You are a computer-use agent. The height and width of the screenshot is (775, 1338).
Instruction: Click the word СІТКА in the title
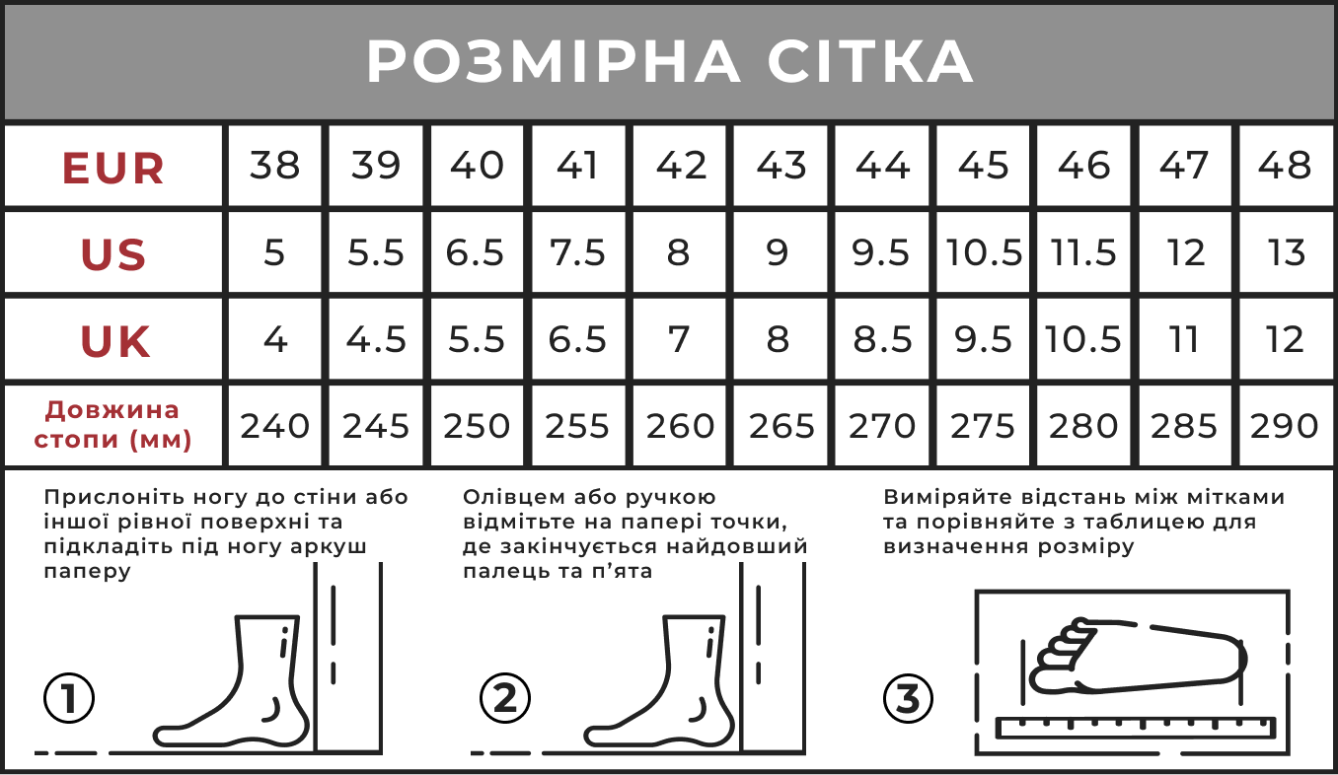pos(870,61)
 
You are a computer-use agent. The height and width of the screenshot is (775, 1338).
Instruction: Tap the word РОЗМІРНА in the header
pos(554,61)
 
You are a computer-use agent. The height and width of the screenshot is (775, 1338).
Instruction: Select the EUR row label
pos(113,168)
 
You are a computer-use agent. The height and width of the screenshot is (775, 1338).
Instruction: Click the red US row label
pos(113,254)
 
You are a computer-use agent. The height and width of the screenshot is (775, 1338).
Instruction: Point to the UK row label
pos(114,341)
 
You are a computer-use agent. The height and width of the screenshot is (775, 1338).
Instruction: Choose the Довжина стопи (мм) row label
pos(112,425)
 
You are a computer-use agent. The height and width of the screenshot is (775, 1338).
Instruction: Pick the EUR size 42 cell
pos(681,166)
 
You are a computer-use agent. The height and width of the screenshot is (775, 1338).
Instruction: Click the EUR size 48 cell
pos(1285,166)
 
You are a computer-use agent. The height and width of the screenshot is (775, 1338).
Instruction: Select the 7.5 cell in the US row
pos(577,252)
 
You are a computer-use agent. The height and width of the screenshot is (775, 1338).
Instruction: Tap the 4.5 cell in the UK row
pos(376,340)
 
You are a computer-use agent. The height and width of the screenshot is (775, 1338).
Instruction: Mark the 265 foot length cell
pos(781,426)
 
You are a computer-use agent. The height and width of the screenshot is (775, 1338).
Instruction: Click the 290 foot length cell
pos(1285,426)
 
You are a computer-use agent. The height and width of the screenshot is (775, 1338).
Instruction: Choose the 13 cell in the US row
pos(1286,252)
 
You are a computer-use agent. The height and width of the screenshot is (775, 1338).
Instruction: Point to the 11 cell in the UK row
pos(1184,340)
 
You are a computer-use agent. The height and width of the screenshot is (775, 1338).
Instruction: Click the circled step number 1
pos(69,698)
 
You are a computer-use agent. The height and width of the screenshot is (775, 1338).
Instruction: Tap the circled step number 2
pos(505,698)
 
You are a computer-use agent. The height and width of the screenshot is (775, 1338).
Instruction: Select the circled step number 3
pos(908,698)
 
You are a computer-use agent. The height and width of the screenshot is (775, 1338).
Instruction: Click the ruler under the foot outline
pos(1136,728)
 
